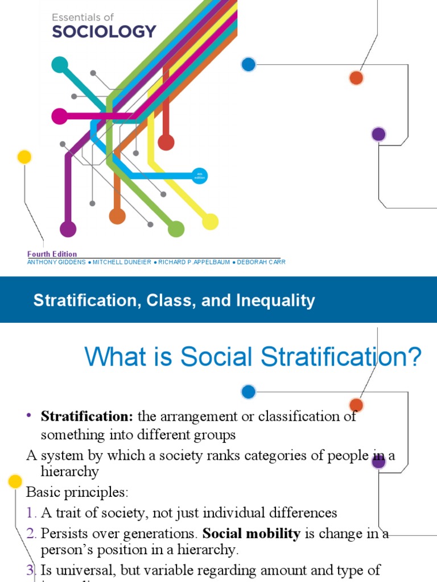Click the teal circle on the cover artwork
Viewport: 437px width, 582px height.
[60, 65]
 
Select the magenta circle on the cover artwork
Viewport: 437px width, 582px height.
[59, 117]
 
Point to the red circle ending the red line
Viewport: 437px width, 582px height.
[166, 142]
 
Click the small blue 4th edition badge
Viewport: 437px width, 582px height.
[199, 176]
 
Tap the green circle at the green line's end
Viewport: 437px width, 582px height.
[176, 229]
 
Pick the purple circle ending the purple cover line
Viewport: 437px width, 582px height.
[68, 229]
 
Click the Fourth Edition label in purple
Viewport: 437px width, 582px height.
[52, 254]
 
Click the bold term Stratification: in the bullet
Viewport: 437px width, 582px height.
[86, 416]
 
